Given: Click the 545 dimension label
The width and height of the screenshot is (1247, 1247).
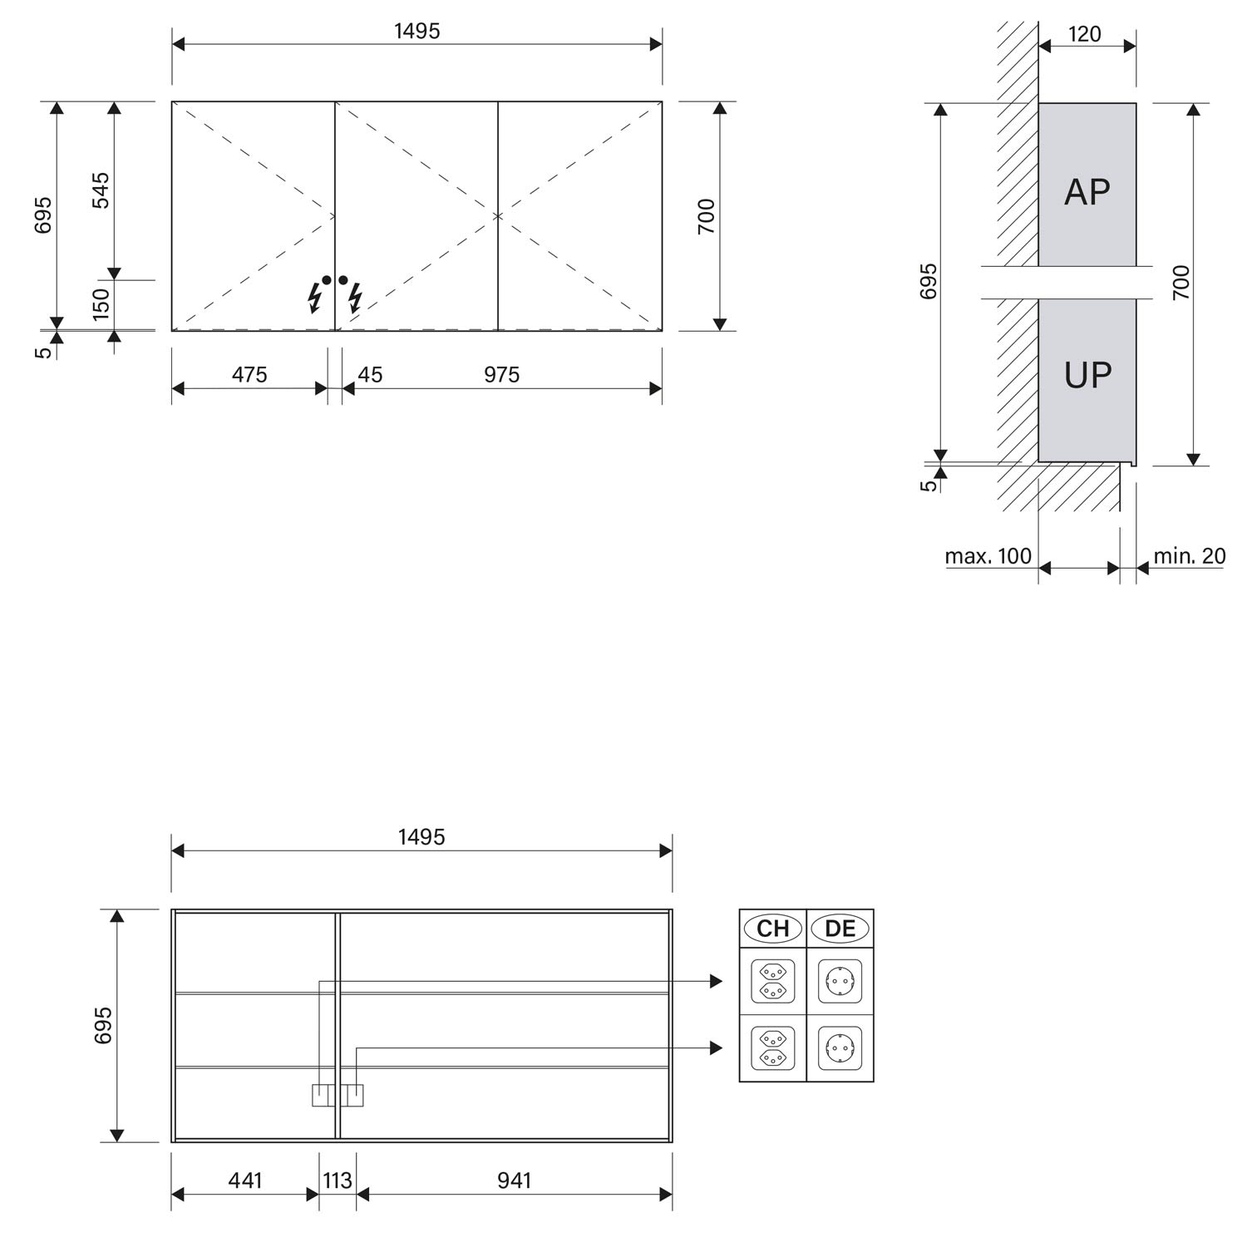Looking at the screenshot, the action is pos(100,190).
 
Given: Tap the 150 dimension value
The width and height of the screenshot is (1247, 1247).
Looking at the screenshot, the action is pos(100,304).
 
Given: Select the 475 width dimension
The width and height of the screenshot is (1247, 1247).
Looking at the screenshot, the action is pos(249,375).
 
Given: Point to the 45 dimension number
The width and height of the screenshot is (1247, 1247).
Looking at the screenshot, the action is pos(370,375).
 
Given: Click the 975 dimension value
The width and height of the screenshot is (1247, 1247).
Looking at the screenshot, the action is pos(502,375).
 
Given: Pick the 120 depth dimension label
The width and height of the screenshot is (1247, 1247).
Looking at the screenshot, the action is pos(1084,34).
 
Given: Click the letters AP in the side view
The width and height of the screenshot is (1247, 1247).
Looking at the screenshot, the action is pos(1087,192).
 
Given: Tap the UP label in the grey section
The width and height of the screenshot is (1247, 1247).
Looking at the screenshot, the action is pos(1087,376).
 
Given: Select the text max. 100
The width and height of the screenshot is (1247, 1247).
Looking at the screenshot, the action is pos(988,555).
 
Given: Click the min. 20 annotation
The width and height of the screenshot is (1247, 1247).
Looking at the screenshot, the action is pos(1189,555).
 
